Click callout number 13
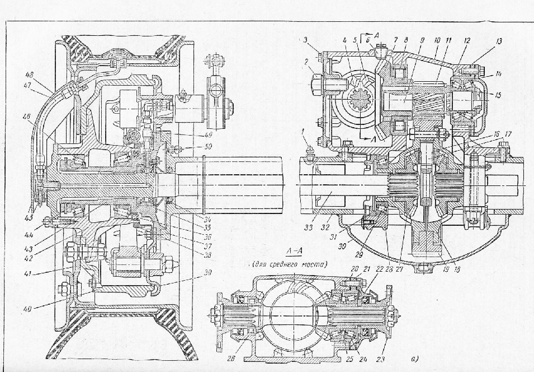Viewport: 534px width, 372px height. (x=483, y=41)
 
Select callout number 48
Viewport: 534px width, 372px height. (x=29, y=73)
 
